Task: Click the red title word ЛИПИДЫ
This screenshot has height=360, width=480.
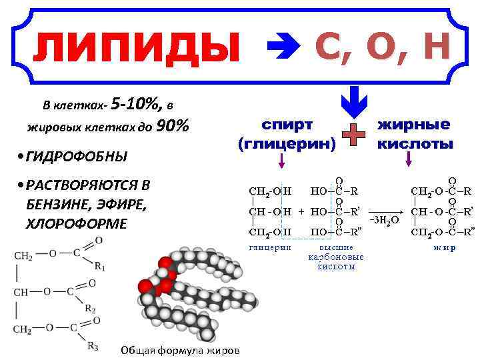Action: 136,47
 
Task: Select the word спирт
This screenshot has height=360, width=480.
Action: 287,125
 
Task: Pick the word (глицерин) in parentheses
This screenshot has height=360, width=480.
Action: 287,143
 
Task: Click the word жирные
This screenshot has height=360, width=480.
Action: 413,125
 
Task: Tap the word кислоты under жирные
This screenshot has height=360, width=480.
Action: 413,143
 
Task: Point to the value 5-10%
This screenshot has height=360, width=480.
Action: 136,104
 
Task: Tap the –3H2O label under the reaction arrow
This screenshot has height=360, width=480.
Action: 384,219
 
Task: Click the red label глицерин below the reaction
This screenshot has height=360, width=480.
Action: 269,246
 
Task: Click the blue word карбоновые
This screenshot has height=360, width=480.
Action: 335,257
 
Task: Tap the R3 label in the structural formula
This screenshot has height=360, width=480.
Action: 93,346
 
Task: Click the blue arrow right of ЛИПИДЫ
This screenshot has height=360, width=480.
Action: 281,48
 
